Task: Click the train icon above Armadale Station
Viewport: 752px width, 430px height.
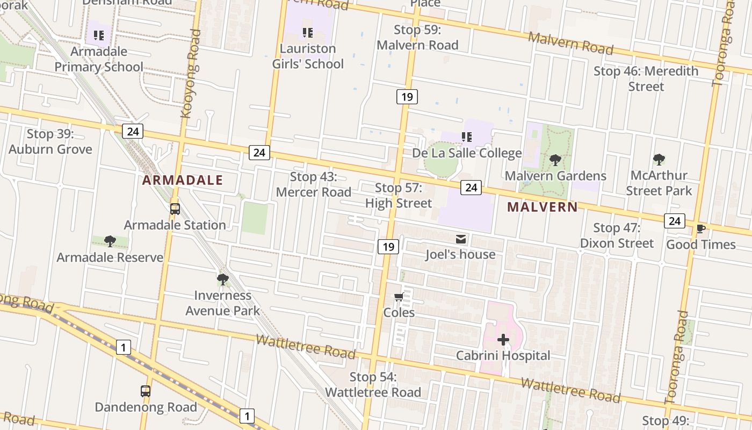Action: coord(175,209)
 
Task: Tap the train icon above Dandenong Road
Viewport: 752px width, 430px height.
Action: coord(146,391)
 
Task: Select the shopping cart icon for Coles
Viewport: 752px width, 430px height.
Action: coord(399,297)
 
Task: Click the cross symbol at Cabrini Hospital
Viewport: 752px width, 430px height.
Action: coord(503,339)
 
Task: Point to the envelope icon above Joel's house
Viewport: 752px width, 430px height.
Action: coord(461,239)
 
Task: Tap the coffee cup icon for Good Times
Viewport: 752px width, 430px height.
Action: coord(700,228)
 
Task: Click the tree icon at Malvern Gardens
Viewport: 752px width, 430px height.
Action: coord(555,160)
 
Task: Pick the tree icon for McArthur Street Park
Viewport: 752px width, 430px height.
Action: coord(659,159)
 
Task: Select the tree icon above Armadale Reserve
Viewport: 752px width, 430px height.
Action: coord(110,241)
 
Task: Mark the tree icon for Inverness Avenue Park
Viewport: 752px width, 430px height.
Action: coord(222,279)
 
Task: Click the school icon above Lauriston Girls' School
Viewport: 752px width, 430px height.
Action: coord(308,33)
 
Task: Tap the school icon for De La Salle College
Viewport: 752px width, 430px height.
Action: coord(467,137)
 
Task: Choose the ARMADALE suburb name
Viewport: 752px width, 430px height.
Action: coord(183,180)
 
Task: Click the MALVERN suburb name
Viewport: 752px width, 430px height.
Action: coord(543,207)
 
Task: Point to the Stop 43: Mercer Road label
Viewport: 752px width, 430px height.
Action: coord(314,184)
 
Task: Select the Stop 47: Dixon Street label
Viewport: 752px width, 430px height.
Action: coord(617,235)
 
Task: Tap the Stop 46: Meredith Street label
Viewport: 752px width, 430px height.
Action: coord(646,78)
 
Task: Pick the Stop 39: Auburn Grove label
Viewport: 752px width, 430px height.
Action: coord(50,141)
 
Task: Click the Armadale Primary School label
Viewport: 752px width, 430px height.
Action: coord(99,59)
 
